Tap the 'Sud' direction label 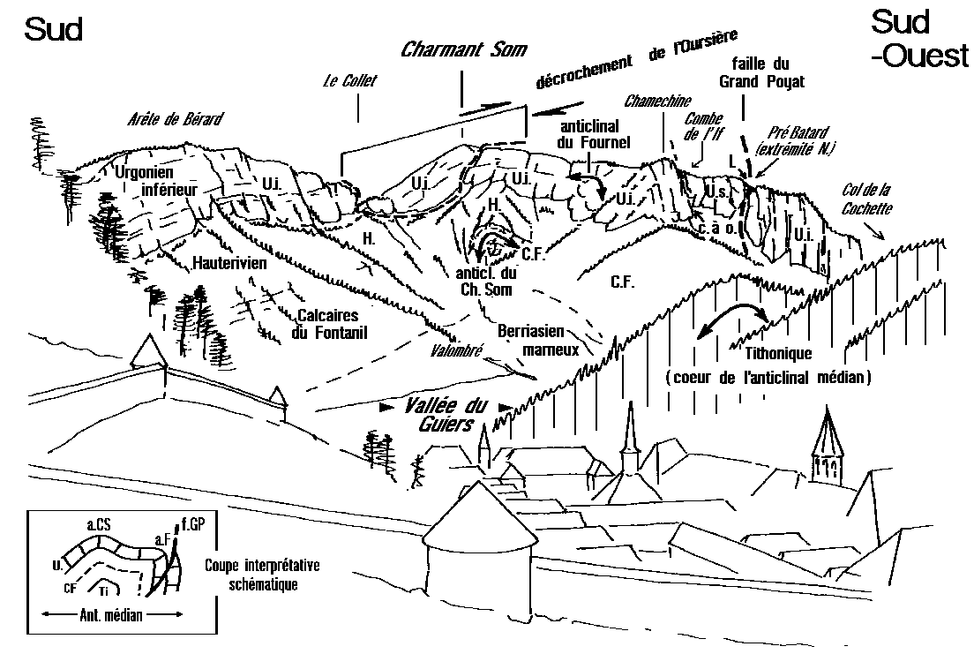click(54, 29)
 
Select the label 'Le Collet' click(349, 81)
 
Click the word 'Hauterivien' click(230, 264)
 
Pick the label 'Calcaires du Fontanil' click(333, 323)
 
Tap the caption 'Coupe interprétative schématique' click(262, 575)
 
